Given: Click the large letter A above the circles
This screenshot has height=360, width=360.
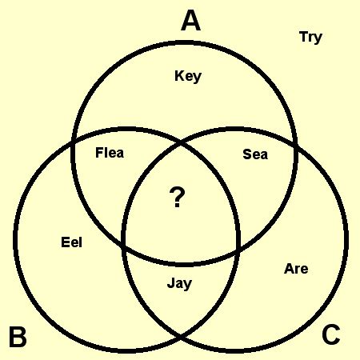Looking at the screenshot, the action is (x=190, y=21).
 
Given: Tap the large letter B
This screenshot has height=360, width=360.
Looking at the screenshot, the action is (x=18, y=337).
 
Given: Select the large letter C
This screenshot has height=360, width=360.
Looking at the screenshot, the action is (x=331, y=334).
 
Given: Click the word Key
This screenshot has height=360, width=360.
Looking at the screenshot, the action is (x=188, y=76).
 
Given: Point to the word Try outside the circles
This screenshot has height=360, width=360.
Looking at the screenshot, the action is (x=310, y=38).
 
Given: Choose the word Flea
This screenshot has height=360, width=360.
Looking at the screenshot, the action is (x=110, y=153).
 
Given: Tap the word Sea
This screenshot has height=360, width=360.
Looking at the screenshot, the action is (x=255, y=154).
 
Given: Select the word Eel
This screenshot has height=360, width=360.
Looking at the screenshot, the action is (x=71, y=242).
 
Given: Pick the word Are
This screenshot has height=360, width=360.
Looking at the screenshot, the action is (x=296, y=269).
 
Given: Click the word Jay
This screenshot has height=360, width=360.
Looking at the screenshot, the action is (x=179, y=284).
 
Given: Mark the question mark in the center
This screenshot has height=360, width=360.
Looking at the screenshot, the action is (x=177, y=197).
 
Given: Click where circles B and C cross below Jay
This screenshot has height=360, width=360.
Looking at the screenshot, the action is (x=180, y=338).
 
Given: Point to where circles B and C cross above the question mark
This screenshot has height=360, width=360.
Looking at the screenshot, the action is (x=182, y=144).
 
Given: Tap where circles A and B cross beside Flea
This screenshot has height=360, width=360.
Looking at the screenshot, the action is (x=73, y=141).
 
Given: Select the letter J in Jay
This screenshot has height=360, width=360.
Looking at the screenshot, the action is (x=170, y=283).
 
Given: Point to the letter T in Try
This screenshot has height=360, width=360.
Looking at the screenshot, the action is (x=304, y=37).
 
